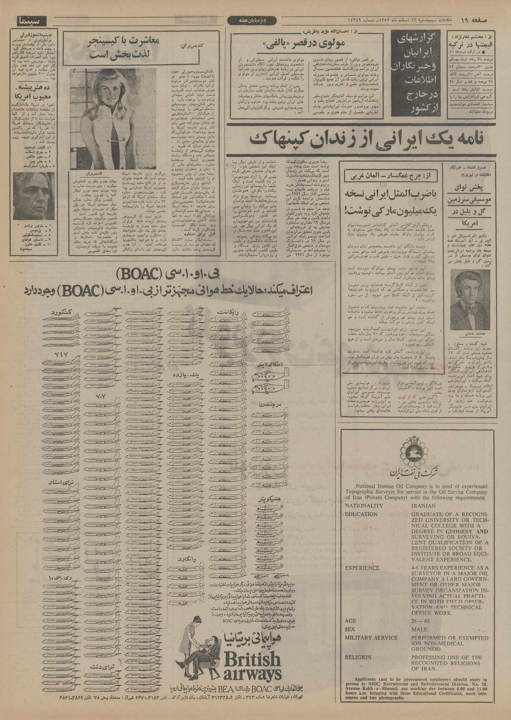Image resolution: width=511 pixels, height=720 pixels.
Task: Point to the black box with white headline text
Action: click(417, 74)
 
